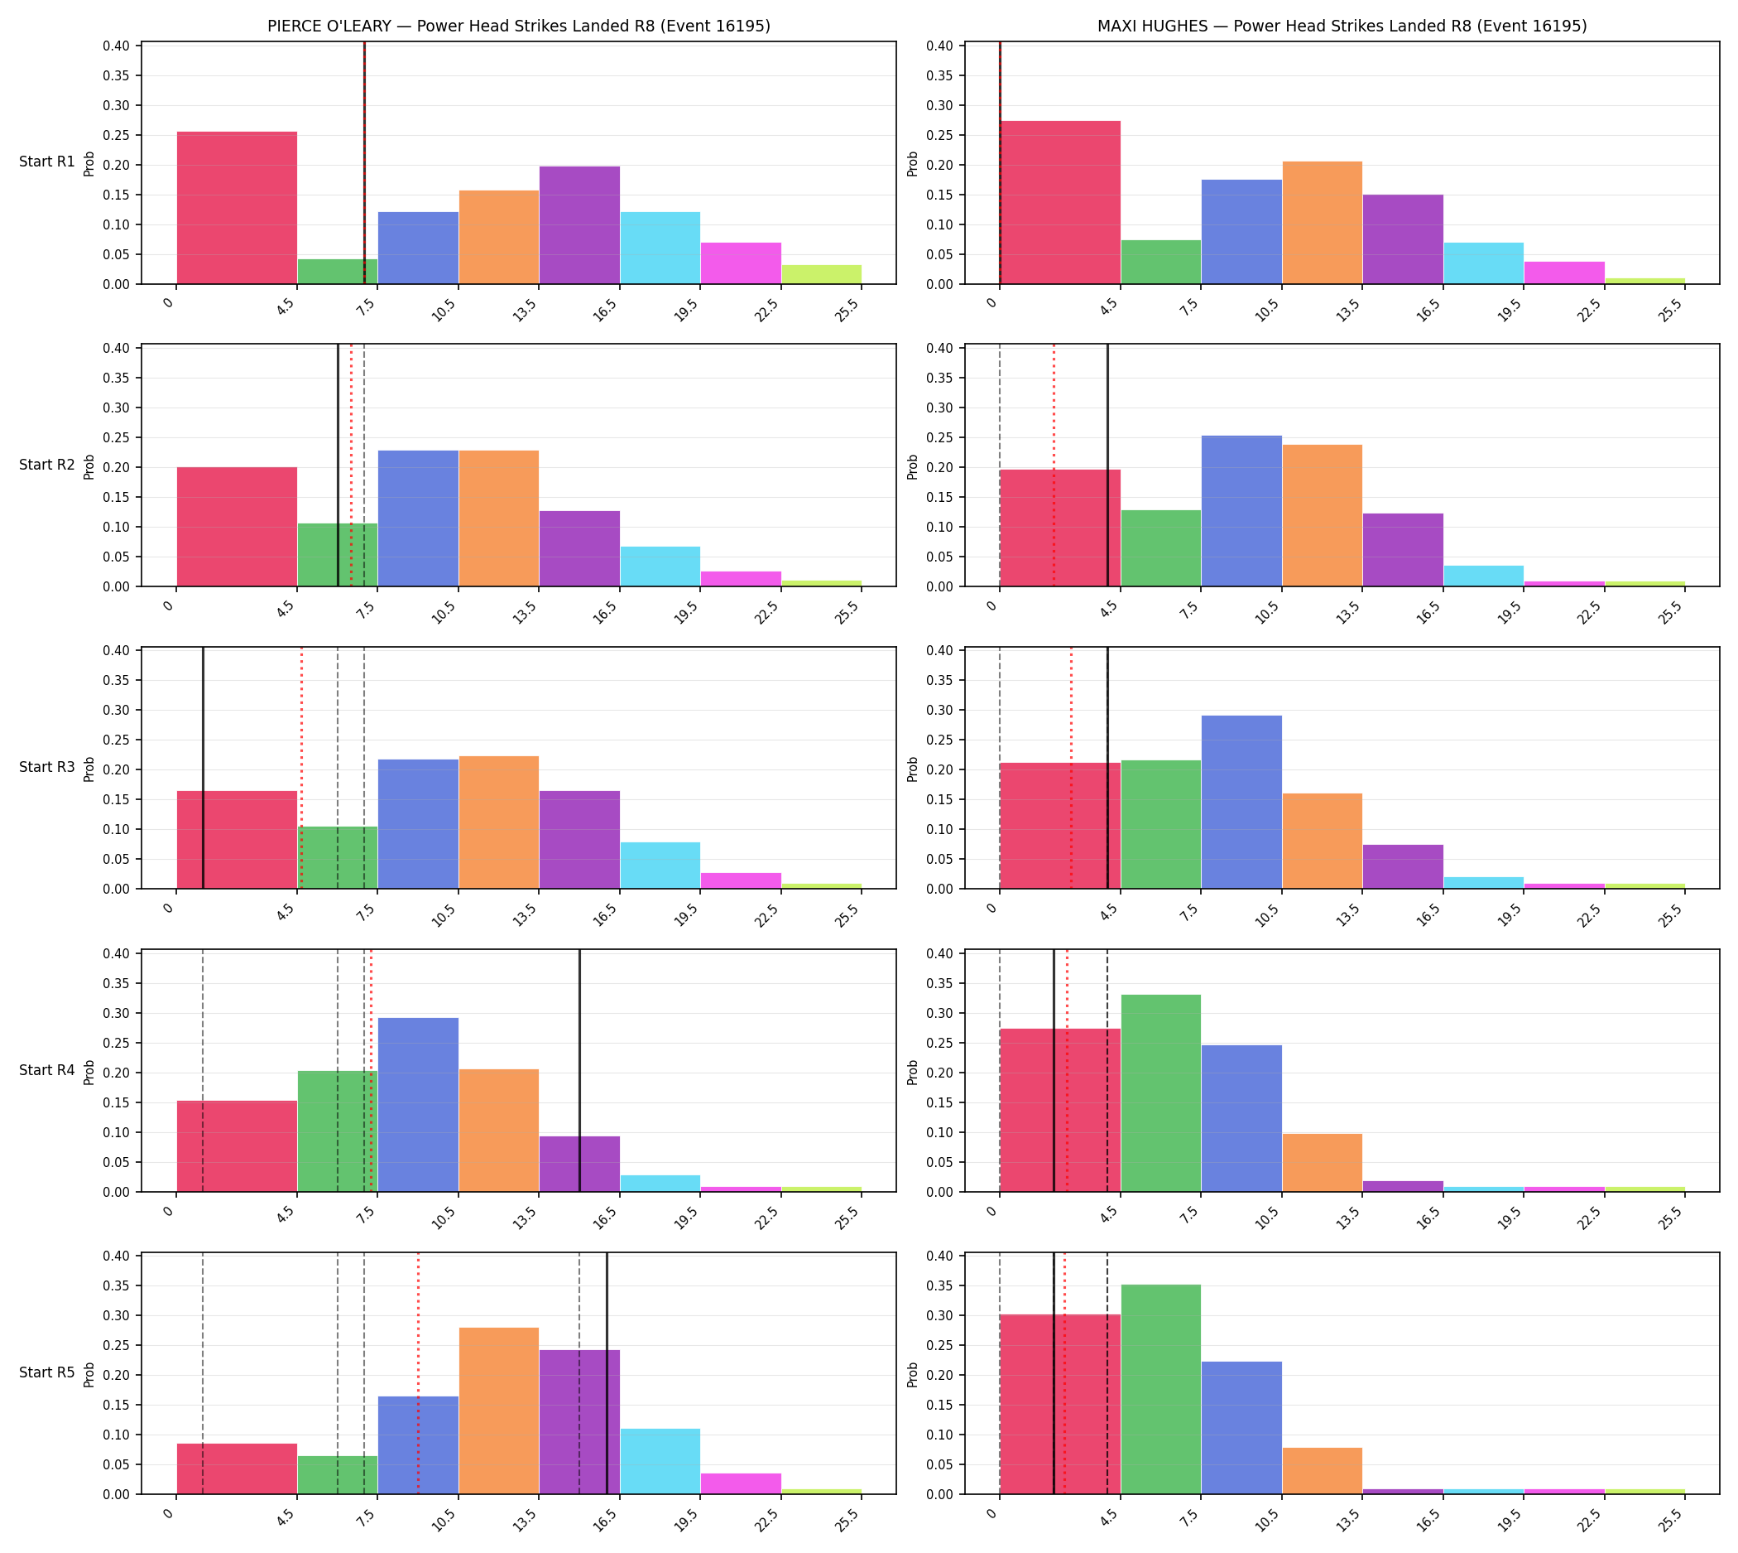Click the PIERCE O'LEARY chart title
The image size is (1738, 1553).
[518, 27]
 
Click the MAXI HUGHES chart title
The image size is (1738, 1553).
[1342, 27]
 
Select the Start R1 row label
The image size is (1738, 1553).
[47, 162]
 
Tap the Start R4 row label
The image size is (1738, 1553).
[47, 1070]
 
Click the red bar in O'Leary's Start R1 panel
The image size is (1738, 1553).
[237, 207]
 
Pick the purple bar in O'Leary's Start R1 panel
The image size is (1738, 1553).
[580, 225]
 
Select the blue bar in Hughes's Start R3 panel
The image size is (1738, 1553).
[1241, 802]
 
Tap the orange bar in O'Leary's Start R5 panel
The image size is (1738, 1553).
[499, 1411]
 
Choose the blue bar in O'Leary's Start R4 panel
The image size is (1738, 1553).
[418, 1104]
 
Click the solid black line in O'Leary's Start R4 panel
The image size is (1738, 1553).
[580, 1070]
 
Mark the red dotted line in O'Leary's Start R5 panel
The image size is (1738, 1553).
[418, 1373]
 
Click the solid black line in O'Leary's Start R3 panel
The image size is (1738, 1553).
[203, 768]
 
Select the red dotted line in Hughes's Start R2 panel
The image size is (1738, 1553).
[1054, 465]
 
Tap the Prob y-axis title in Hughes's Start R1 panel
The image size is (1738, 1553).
[913, 163]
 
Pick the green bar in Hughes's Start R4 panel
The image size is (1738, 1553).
[1160, 1093]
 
